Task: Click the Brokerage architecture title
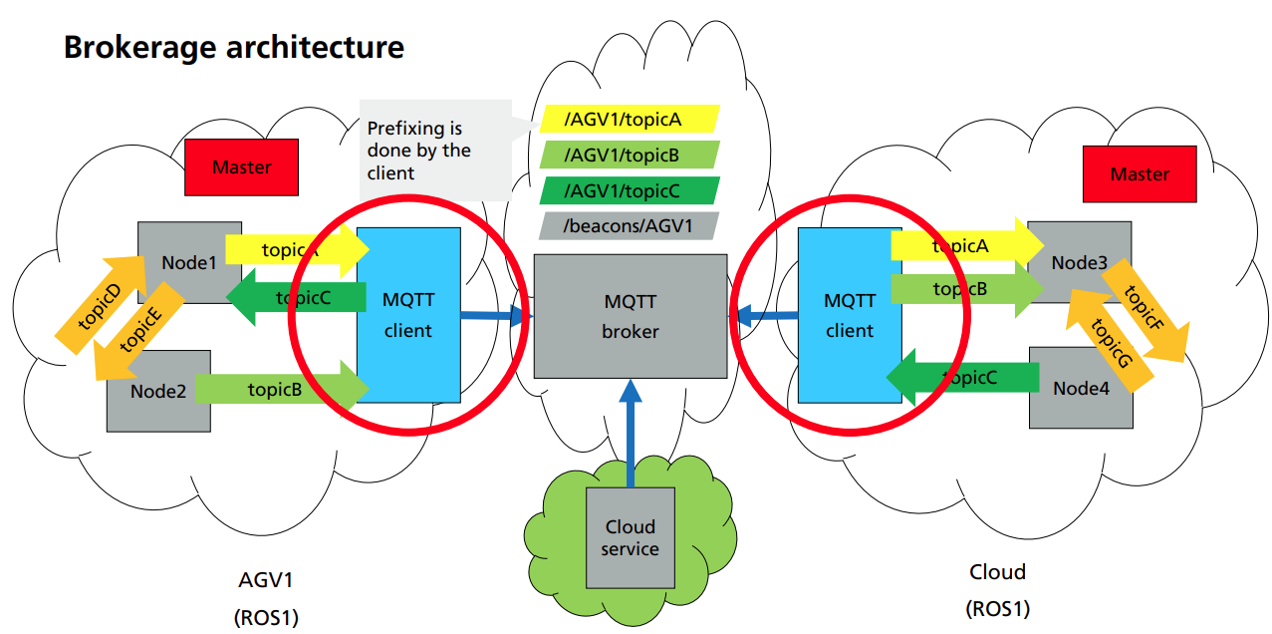point(233,47)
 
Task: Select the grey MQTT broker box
point(630,316)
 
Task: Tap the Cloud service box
point(630,538)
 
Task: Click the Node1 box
point(188,263)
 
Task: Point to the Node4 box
point(1080,389)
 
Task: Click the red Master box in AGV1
point(241,166)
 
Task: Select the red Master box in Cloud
point(1140,173)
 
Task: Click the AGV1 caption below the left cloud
point(266,580)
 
